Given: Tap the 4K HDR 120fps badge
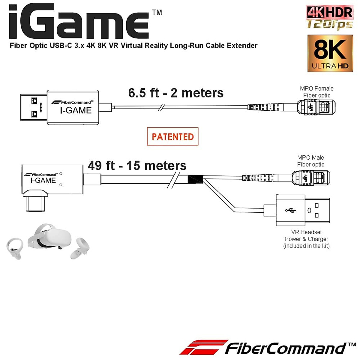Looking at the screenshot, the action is pyautogui.click(x=329, y=17).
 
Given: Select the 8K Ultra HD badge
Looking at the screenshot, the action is pyautogui.click(x=330, y=53).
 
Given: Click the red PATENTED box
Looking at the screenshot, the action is pyautogui.click(x=172, y=136).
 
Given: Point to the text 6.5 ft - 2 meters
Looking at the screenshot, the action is pyautogui.click(x=176, y=93).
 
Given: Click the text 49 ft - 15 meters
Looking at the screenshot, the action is pyautogui.click(x=137, y=166).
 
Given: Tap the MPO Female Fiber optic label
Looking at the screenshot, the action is pyautogui.click(x=316, y=92).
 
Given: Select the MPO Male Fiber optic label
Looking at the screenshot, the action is pyautogui.click(x=310, y=161).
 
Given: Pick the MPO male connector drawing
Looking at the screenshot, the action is pyautogui.click(x=311, y=177).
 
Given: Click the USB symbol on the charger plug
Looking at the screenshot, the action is pyautogui.click(x=290, y=210).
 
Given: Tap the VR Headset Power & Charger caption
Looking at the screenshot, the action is pyautogui.click(x=306, y=239).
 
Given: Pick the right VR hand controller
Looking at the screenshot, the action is pyautogui.click(x=80, y=248).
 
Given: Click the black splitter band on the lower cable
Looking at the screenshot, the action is pyautogui.click(x=195, y=179).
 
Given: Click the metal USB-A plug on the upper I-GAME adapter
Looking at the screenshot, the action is pyautogui.click(x=33, y=107).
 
